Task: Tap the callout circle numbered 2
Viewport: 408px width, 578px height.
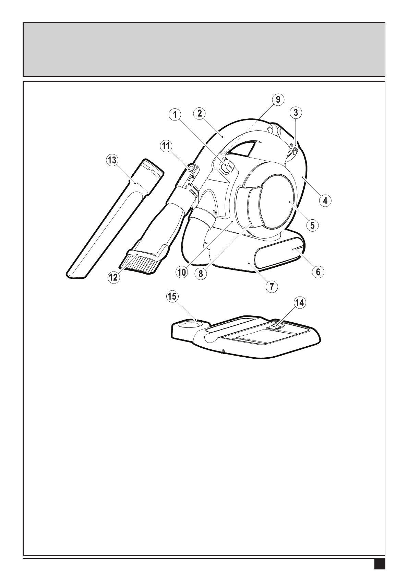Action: [199, 113]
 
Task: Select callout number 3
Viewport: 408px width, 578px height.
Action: [296, 112]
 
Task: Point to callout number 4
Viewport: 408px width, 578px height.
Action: [325, 200]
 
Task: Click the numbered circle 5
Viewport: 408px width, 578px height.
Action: [313, 225]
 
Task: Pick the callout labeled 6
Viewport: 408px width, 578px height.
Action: [318, 272]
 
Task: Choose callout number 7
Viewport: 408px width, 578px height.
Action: [272, 286]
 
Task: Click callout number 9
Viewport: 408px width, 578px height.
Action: [278, 100]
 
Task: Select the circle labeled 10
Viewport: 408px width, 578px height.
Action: [181, 272]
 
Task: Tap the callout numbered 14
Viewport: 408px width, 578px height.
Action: [300, 303]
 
